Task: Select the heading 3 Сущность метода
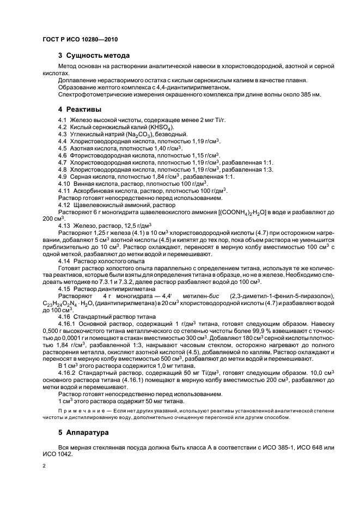coord(94,56)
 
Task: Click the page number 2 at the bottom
coord(44,466)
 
